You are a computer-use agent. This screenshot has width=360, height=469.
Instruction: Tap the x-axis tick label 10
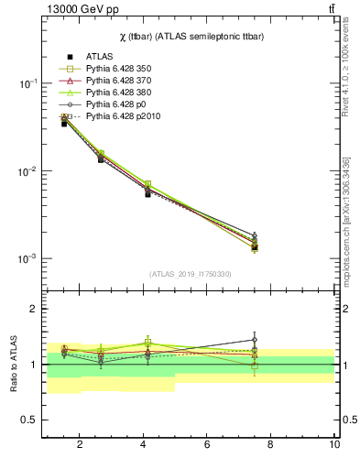coord(333,445)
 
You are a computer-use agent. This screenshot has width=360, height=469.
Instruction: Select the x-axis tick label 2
coord(80,445)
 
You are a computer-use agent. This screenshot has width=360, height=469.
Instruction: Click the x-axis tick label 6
coord(207,445)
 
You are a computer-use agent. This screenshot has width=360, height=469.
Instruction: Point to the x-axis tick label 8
coord(271,445)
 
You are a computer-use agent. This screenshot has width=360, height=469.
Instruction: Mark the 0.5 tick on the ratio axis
coord(31,420)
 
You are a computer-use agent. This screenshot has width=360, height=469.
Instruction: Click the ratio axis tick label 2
coord(35,309)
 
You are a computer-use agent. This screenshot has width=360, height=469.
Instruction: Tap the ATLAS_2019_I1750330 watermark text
coord(190,274)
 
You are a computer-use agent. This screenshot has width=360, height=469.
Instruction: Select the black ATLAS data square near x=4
coord(147,193)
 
